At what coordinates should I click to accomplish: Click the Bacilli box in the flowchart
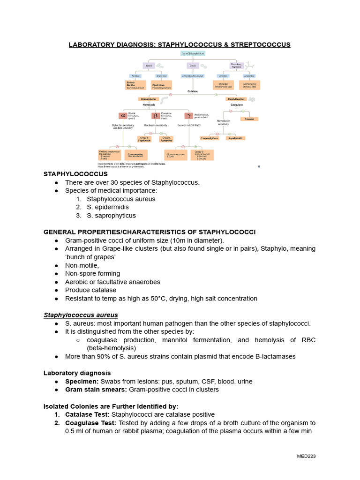pyautogui.click(x=149, y=66)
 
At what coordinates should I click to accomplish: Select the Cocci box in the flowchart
pyautogui.click(x=192, y=66)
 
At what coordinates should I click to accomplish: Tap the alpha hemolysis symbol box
pyautogui.click(x=123, y=115)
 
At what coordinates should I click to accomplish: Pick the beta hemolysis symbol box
pyautogui.click(x=155, y=115)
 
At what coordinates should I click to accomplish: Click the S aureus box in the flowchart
pyautogui.click(x=250, y=119)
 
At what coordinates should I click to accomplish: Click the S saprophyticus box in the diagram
pyautogui.click(x=209, y=138)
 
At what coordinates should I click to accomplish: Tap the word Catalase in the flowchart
pyautogui.click(x=193, y=91)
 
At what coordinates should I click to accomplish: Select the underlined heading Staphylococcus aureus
pyautogui.click(x=81, y=315)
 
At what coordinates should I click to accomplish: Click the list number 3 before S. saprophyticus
pyautogui.click(x=79, y=216)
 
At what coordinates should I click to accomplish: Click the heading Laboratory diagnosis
pyautogui.click(x=77, y=373)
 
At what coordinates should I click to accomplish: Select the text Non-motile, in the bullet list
pyautogui.click(x=82, y=265)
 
